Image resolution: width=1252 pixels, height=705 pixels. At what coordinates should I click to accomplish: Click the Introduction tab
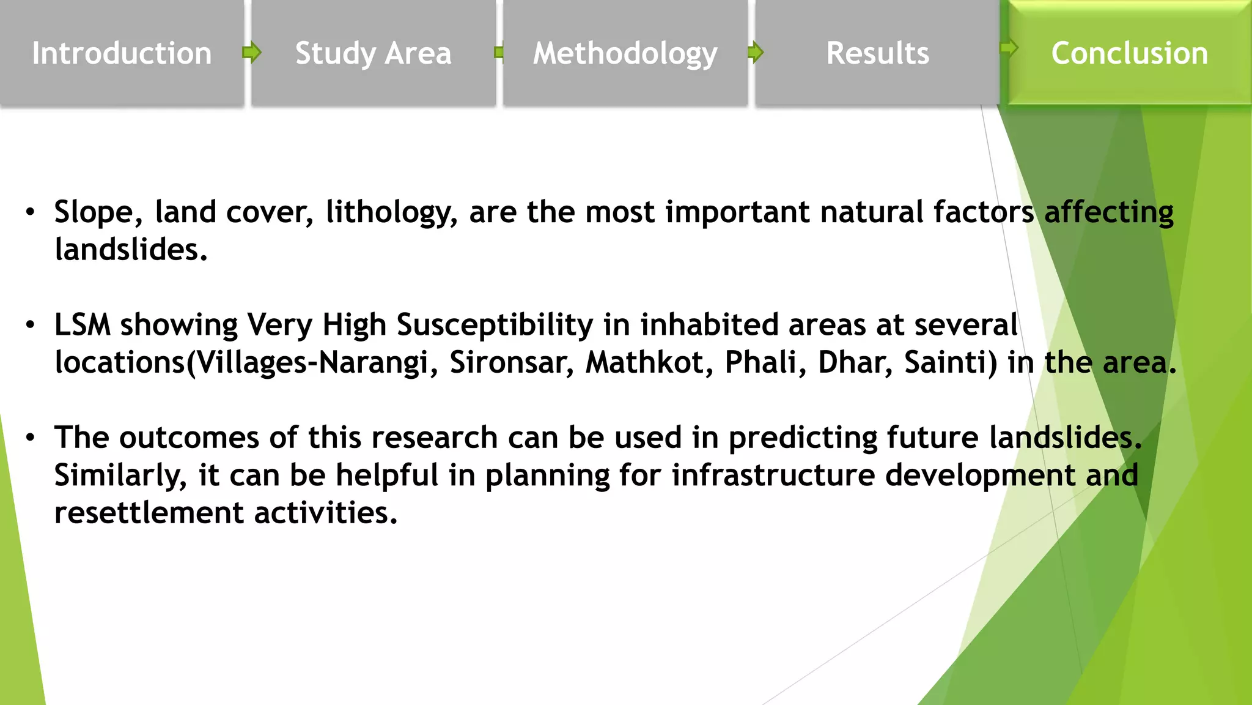[x=122, y=53]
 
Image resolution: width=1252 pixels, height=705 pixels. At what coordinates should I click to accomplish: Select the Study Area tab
[x=373, y=53]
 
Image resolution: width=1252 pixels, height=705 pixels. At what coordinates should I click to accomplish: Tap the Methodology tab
[x=625, y=53]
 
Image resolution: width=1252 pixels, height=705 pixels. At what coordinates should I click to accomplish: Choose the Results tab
[x=877, y=53]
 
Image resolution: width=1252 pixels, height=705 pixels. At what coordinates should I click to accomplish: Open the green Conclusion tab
[x=1129, y=53]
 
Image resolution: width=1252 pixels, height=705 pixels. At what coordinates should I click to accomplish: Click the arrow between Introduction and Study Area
[x=251, y=53]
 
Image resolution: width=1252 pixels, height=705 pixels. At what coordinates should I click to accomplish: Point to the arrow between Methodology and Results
[x=756, y=53]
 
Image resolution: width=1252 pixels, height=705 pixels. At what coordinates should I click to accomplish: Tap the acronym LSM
[x=83, y=325]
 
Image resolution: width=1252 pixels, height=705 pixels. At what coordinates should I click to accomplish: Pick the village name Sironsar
[x=512, y=362]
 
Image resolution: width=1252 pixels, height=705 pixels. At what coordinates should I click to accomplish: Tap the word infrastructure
[x=773, y=476]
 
